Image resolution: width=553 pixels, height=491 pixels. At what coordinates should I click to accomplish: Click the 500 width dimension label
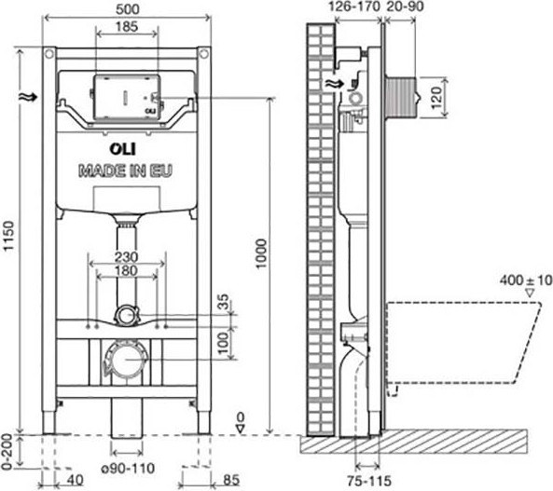pos(128,9)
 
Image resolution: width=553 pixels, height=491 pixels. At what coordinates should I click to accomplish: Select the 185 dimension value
pos(127,27)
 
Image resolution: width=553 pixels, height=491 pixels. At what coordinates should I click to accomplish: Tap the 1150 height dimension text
pos(8,236)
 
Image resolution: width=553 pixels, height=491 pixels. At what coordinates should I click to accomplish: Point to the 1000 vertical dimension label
pos(261,253)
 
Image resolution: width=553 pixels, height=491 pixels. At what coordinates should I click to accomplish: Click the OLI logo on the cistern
pos(122,149)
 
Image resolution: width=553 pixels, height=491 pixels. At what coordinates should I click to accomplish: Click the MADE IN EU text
pos(126,170)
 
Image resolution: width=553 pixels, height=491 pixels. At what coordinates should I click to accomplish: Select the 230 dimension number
pos(126,257)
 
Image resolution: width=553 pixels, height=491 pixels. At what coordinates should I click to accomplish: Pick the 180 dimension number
pos(126,271)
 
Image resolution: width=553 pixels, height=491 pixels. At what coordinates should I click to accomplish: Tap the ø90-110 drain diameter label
pos(128,468)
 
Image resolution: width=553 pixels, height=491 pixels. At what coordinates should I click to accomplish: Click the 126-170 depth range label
pos(354,7)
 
